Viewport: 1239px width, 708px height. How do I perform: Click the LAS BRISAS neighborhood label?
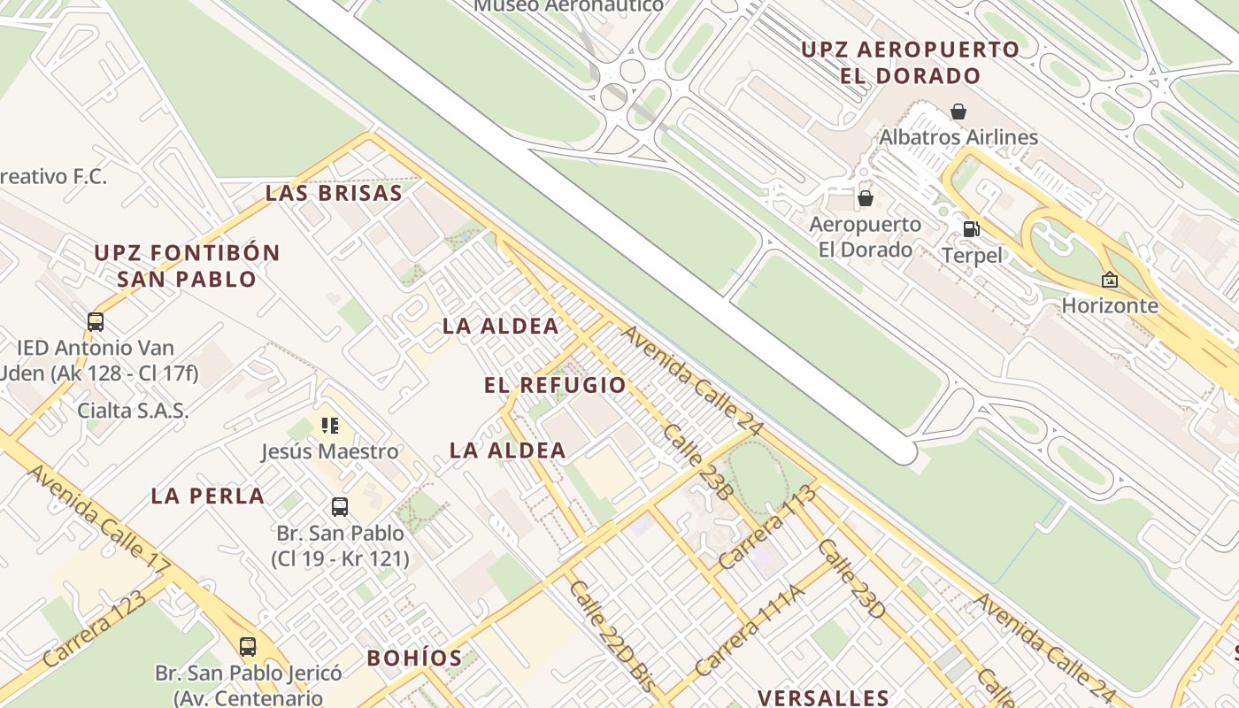(x=334, y=193)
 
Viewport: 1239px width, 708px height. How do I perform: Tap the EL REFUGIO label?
(x=555, y=385)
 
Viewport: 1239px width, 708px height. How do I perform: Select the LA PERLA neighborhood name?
(x=208, y=496)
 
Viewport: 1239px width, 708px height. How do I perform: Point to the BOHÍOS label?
(x=414, y=658)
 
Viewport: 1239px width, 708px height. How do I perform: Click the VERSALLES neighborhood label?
(x=823, y=697)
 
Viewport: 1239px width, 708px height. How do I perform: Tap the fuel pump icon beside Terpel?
(x=971, y=229)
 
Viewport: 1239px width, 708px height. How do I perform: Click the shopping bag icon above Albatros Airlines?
(x=958, y=112)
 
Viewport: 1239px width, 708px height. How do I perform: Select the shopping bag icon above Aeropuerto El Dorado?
(x=865, y=198)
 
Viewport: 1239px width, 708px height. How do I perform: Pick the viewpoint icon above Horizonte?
(x=1109, y=280)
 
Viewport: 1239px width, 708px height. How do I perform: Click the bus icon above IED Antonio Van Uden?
(x=96, y=322)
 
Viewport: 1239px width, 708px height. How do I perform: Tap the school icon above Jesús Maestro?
(x=330, y=426)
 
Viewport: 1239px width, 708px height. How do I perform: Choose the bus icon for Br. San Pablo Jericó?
(x=248, y=647)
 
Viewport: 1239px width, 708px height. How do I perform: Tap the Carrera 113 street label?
(x=766, y=527)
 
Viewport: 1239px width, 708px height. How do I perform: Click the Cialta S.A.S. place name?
(x=133, y=410)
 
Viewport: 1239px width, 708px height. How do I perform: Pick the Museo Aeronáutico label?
(x=568, y=5)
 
